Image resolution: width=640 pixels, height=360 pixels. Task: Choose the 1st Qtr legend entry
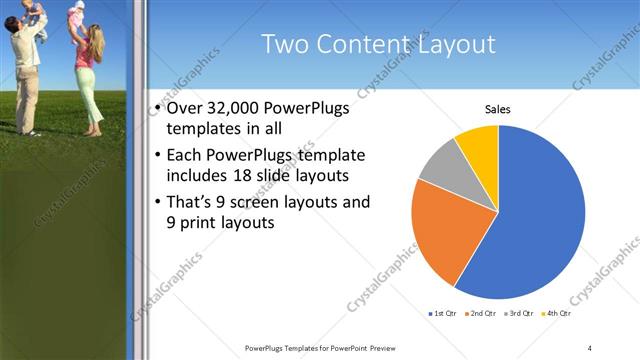click(x=443, y=314)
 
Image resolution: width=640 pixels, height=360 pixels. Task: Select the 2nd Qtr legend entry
click(x=483, y=314)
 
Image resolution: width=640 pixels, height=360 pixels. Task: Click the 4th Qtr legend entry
click(x=557, y=314)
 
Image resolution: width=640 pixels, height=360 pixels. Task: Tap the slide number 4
click(x=590, y=347)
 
